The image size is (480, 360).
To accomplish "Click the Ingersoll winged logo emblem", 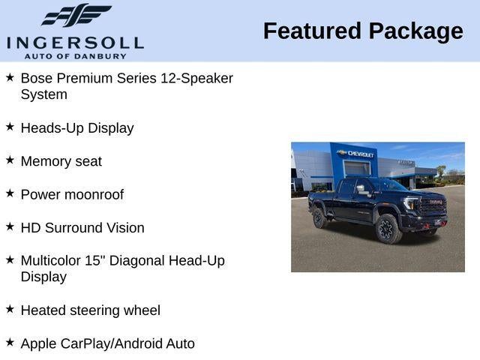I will pos(76,16).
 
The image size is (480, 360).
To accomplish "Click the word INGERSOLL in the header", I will pos(75,42).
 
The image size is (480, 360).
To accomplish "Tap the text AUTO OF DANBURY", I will pos(75,55).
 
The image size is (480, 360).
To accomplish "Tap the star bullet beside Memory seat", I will pos(10,160).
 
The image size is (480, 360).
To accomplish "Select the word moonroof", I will pos(94,195).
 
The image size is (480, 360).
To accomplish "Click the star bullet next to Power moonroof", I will pos(10,193).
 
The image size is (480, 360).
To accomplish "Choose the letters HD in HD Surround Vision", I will pos(31,228).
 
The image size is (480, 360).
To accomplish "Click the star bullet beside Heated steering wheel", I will pos(10,308).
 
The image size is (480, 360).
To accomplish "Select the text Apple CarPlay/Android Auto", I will pos(107,344).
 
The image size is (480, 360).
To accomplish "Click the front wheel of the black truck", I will pos(388,229).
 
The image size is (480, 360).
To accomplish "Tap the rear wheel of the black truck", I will pos(319,217).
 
